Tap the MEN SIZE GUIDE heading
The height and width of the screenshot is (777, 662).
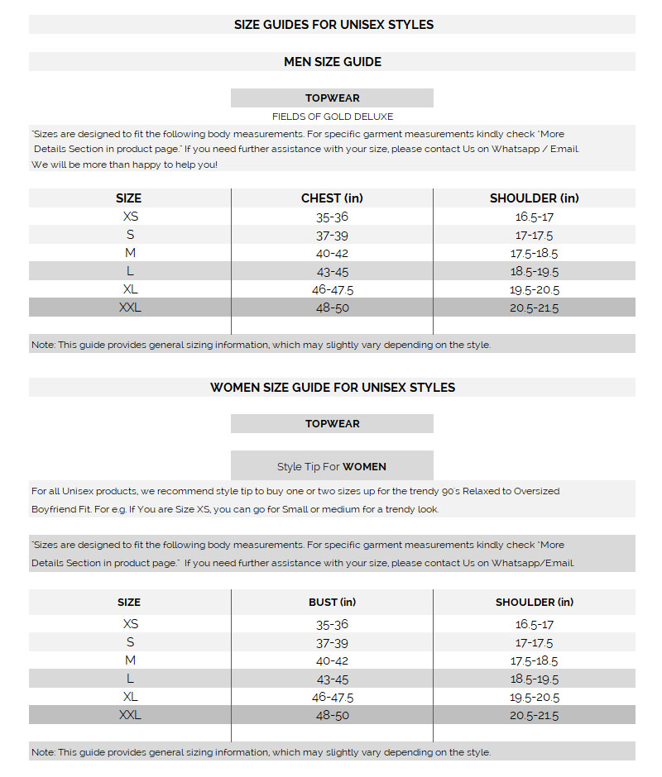click(332, 62)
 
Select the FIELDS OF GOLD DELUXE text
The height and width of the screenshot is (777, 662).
click(332, 117)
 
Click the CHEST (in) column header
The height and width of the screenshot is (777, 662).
click(332, 198)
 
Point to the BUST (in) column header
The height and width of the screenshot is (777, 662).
click(332, 603)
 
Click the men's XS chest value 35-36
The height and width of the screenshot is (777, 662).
click(332, 217)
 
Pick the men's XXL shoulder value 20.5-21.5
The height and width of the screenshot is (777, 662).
click(534, 308)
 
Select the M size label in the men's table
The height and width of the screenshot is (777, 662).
click(130, 253)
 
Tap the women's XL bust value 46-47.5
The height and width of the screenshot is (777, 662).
click(332, 697)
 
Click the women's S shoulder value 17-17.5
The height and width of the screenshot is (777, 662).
click(534, 642)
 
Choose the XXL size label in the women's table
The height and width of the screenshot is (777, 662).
click(130, 715)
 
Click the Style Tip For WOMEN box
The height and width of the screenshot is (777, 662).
click(332, 466)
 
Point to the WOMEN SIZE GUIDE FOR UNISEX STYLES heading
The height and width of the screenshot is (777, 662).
click(332, 388)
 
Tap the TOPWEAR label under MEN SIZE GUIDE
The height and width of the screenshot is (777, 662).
click(332, 98)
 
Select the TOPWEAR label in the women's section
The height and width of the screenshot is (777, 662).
click(332, 424)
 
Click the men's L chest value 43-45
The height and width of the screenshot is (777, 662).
click(332, 272)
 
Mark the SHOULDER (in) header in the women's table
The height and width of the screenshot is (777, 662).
click(534, 603)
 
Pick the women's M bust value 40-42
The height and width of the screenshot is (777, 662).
click(332, 660)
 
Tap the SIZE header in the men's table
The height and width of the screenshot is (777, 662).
click(129, 198)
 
